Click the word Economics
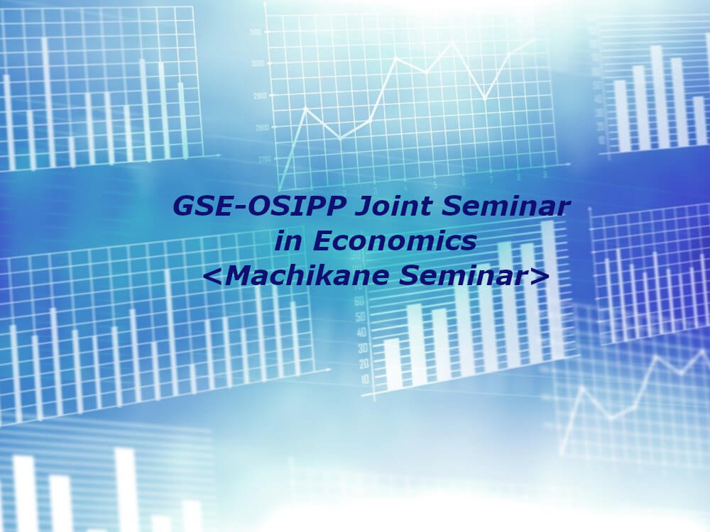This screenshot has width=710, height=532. coord(394,240)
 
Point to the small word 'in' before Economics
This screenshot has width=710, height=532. coord(288,240)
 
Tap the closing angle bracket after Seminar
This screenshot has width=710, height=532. coord(539,276)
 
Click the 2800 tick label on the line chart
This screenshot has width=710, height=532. coord(263,128)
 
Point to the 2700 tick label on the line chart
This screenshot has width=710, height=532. coord(266,159)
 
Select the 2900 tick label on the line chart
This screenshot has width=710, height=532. coord(260,96)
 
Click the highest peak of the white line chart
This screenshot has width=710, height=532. coord(452,42)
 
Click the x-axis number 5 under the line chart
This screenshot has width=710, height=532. coord(436,185)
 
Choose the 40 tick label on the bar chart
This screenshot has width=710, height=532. coord(362,333)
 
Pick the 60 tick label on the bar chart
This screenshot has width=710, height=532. coord(359,300)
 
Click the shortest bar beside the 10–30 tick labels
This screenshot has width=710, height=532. coord(393,365)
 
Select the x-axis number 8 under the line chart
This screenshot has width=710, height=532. coord(519,177)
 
